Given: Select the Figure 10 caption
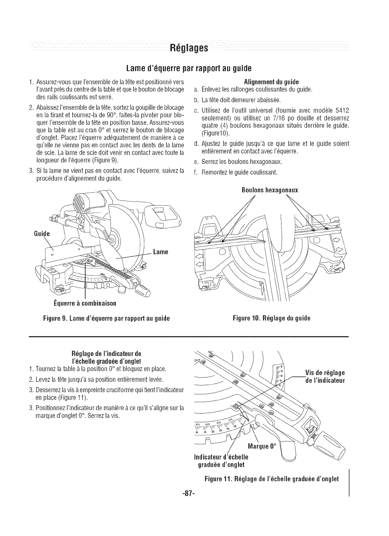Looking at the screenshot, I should tap(272, 319).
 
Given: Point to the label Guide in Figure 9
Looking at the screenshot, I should tap(42, 234).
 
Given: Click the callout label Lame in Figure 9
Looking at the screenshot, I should tap(160, 252).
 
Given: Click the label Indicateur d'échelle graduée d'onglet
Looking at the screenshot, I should tap(221, 460).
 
